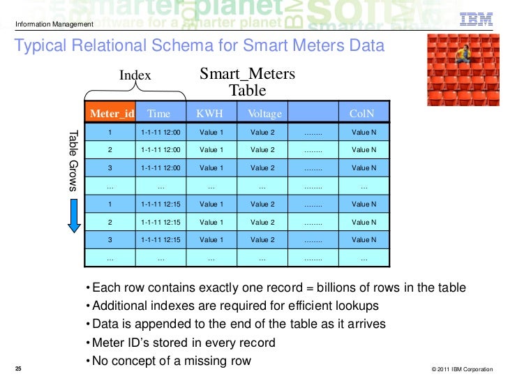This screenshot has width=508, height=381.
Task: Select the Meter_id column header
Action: pos(110,114)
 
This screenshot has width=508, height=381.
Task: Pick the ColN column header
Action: pos(361,114)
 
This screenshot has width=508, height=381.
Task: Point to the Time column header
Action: pos(159,114)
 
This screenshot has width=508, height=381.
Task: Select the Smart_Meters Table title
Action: pos(248,82)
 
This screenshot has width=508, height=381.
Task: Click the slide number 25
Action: pos(18,368)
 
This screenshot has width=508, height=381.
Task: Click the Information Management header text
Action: pos(54,26)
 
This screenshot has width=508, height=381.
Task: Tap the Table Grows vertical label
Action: pos(73,160)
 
